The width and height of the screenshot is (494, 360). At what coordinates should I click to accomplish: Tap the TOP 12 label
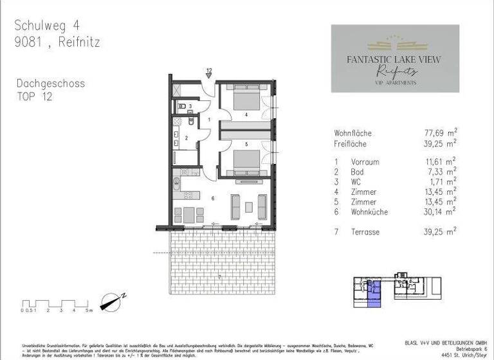35,96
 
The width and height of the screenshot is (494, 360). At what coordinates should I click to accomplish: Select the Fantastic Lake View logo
395,58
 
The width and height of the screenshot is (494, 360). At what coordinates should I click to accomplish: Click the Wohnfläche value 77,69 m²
437,133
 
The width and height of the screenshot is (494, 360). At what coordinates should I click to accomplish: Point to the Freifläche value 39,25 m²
437,143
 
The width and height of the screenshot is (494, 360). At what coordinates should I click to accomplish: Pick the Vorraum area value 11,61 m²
437,161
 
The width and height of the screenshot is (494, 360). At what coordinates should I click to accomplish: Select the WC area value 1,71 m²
439,182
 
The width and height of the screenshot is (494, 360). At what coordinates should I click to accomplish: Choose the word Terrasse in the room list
367,230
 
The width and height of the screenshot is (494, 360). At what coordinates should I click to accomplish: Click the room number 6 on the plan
212,199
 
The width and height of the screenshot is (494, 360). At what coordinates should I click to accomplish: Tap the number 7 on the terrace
219,276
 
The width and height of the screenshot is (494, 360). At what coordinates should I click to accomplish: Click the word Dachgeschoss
50,84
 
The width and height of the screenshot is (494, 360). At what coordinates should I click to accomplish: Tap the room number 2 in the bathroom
187,138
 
